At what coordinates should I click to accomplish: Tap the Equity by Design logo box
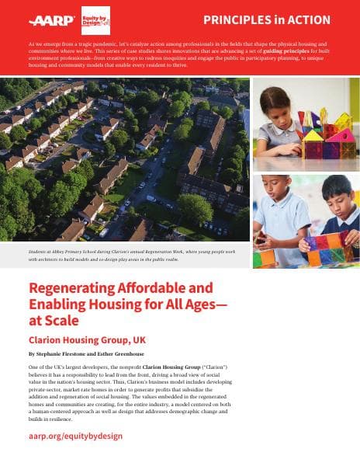point(95,21)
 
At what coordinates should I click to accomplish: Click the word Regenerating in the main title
point(74,288)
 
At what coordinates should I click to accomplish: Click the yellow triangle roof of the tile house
point(317,137)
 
